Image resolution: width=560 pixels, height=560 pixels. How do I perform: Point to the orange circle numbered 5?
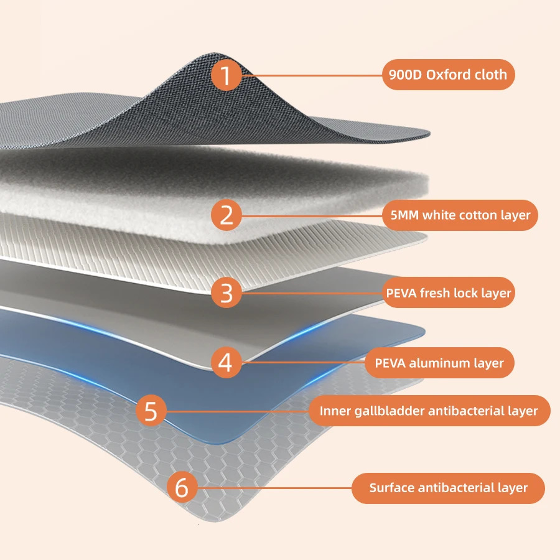pos(151,411)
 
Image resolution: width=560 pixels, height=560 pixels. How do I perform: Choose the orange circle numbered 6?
pos(181,488)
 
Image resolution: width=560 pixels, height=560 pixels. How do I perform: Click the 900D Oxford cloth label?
pos(448,75)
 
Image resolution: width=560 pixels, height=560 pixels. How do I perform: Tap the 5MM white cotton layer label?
pos(459,215)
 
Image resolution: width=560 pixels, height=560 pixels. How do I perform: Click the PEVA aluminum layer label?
pos(439,363)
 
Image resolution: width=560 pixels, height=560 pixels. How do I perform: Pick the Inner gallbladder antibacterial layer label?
pos(429,411)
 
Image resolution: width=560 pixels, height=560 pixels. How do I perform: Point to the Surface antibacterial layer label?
pos(448,488)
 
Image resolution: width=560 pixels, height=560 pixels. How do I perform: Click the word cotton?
pos(478,215)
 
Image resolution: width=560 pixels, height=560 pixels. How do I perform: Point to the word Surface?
pos(391,488)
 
